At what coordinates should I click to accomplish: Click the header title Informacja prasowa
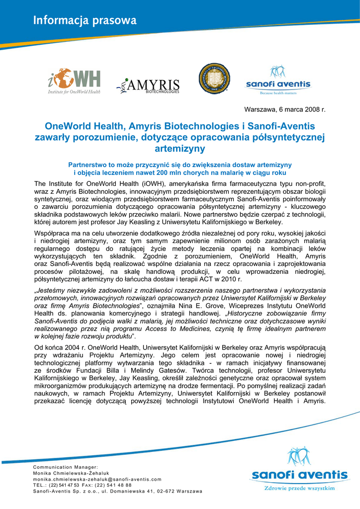(85, 20)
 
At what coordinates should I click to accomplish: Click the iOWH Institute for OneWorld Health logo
(74, 81)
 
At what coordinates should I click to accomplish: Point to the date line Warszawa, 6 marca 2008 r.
(284, 109)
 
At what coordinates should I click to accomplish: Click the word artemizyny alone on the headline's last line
(180, 148)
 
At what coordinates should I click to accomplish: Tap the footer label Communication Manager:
(66, 467)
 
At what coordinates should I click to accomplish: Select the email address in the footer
(97, 479)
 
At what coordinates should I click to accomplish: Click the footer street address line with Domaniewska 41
(118, 491)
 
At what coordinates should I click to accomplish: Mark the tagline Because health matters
(278, 93)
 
